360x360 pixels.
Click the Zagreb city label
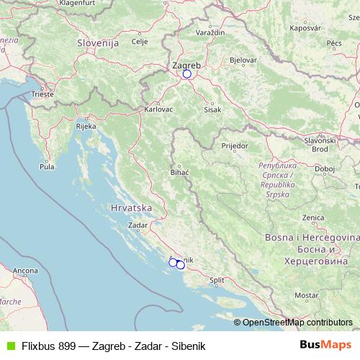pyautogui.click(x=186, y=64)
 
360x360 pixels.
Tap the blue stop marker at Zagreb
pyautogui.click(x=187, y=73)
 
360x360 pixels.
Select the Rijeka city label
pyautogui.click(x=86, y=127)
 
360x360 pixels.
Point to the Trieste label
pyautogui.click(x=42, y=94)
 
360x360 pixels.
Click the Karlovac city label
pyautogui.click(x=158, y=109)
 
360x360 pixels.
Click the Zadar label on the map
pyautogui.click(x=137, y=225)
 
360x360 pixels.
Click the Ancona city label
pyautogui.click(x=25, y=271)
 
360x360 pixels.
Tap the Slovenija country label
pyautogui.click(x=97, y=43)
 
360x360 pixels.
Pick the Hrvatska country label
pyautogui.click(x=132, y=207)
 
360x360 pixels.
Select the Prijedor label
pyautogui.click(x=235, y=145)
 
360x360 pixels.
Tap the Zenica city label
pyautogui.click(x=312, y=217)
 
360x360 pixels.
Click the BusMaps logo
pyautogui.click(x=325, y=345)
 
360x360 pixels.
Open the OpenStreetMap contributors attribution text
pyautogui.click(x=297, y=323)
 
